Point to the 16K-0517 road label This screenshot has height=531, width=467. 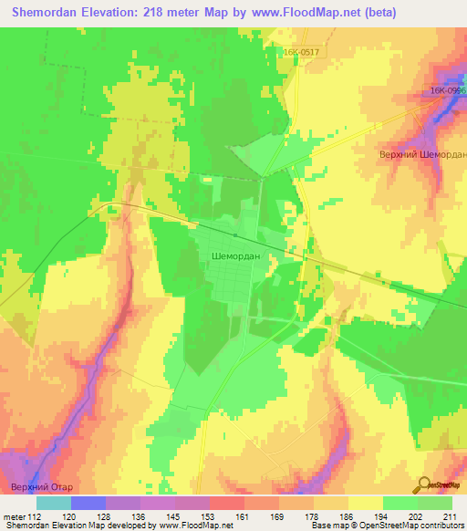pyautogui.click(x=301, y=54)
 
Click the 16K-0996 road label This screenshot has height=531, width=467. pyautogui.click(x=448, y=91)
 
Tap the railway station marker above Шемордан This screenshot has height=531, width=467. pyautogui.click(x=234, y=236)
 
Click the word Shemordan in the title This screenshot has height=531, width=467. pyautogui.click(x=46, y=13)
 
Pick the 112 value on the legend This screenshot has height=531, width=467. pyautogui.click(x=36, y=515)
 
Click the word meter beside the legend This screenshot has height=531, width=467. pyautogui.click(x=15, y=515)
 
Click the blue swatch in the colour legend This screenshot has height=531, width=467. pyautogui.click(x=88, y=503)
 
